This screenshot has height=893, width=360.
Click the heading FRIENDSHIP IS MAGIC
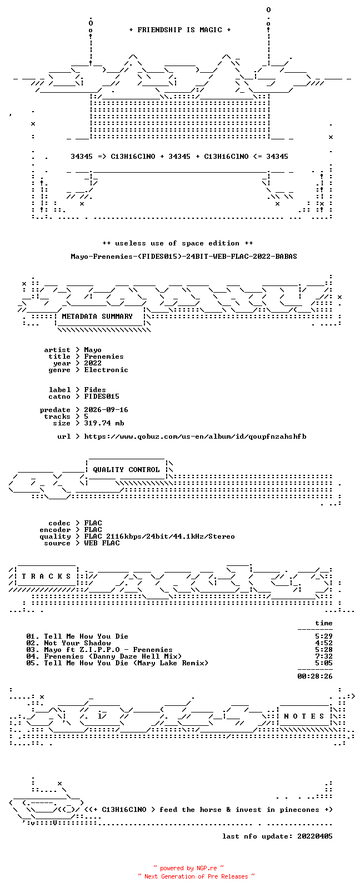pos(180,30)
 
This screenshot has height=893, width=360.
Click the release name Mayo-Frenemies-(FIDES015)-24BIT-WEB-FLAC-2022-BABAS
pos(184,257)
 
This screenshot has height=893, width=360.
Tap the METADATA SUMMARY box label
pos(97,316)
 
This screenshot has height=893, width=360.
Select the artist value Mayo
pos(92,350)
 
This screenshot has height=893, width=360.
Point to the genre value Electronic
pos(106,369)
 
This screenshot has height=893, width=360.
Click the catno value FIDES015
pos(102,397)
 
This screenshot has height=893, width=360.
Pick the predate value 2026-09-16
pos(106,409)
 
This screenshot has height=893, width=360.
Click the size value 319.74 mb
pos(104,423)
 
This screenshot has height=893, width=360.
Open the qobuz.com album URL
pos(195,437)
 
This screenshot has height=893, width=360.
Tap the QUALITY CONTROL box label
pos(126,470)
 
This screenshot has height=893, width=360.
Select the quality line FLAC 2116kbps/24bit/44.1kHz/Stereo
pos(159,536)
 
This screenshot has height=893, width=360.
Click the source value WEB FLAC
pos(102,543)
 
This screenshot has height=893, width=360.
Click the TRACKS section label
pos(46,576)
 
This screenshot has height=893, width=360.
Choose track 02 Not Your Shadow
pos(68,643)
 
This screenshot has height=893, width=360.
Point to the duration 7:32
pos(324,656)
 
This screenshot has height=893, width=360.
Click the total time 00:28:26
pos(315,676)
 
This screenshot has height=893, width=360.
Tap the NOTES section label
pos(304,716)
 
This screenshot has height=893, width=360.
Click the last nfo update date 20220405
pos(315,836)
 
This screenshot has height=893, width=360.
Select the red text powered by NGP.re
pos(188,868)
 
